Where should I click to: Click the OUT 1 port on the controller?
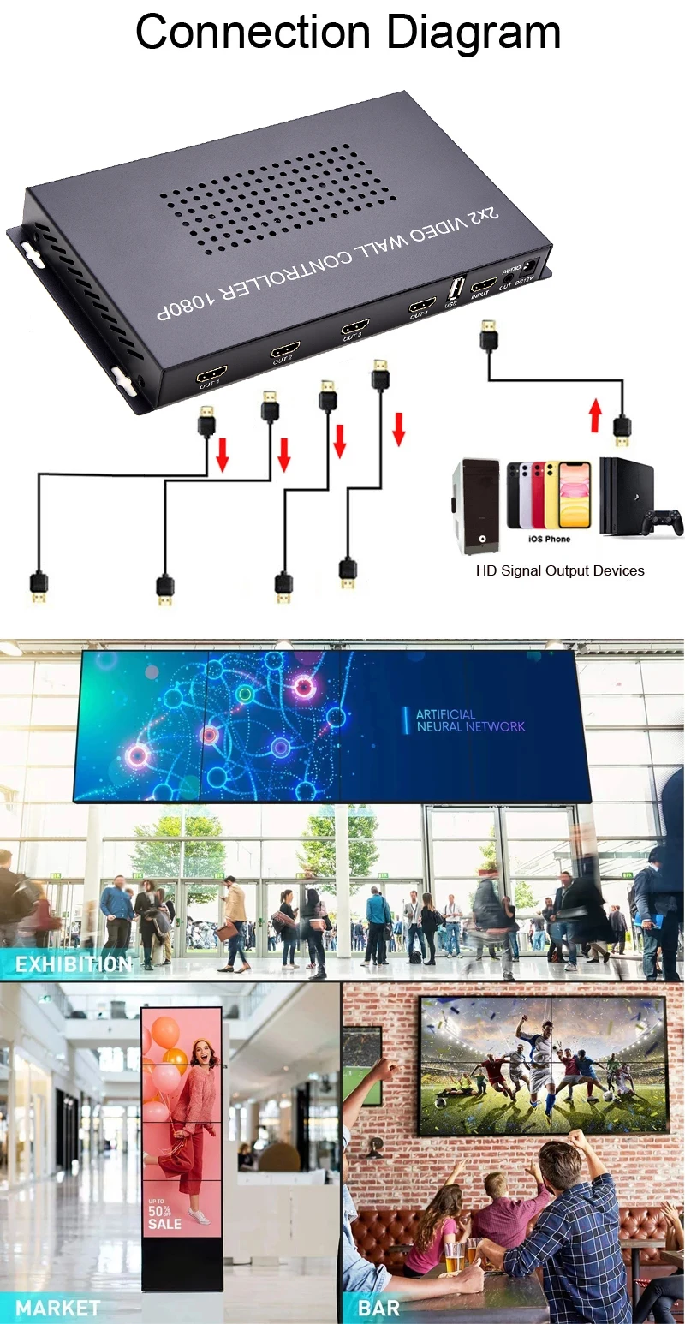211,373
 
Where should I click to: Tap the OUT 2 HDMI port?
285,349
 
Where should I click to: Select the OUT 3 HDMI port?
354,326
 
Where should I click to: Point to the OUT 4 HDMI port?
421,306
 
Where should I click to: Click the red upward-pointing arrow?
596,419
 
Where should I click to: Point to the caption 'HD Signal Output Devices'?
560,570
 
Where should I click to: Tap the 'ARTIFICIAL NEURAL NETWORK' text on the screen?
469,720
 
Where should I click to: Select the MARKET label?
57,1308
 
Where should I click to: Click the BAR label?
378,1308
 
